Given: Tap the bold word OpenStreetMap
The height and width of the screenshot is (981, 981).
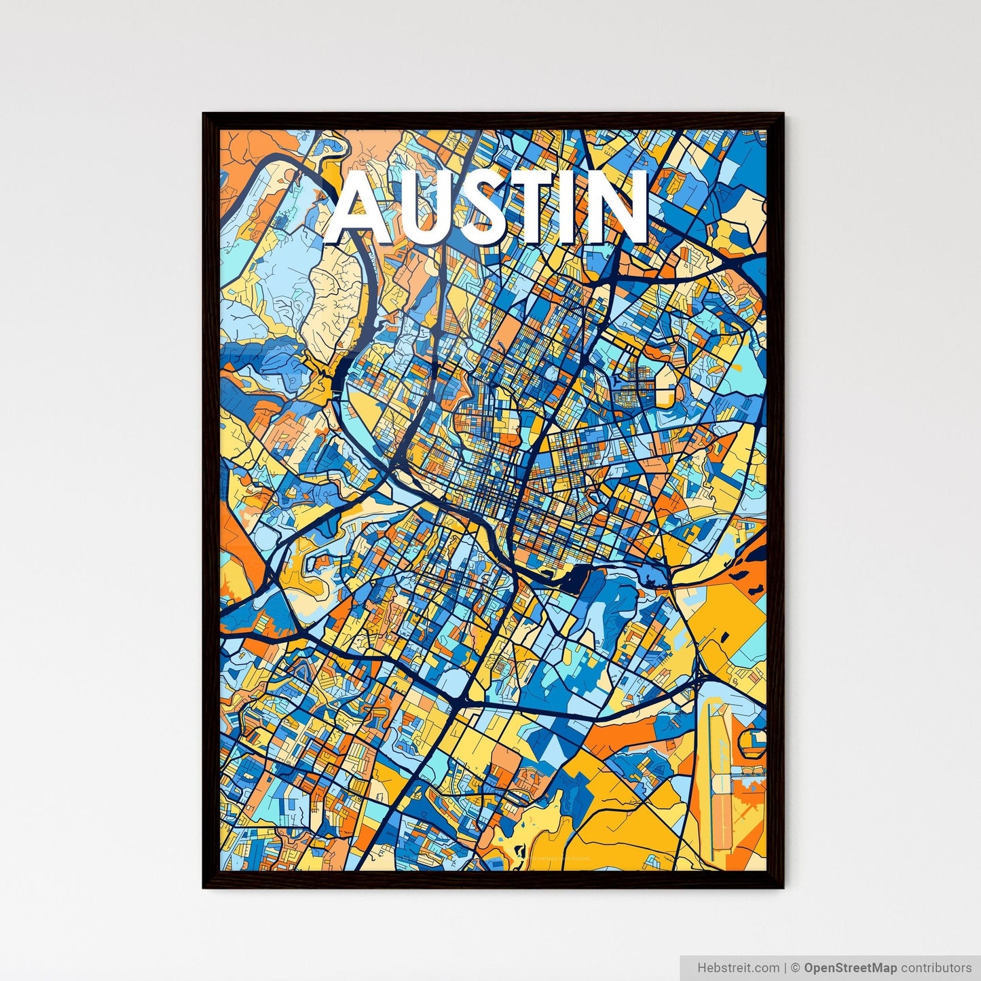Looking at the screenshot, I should pos(850,967).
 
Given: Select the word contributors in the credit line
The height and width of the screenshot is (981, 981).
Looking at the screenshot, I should pos(936,967).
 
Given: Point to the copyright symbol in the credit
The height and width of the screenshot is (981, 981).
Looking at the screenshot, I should pos(796,967).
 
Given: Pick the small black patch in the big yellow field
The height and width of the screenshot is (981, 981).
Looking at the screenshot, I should pos(724,636).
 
